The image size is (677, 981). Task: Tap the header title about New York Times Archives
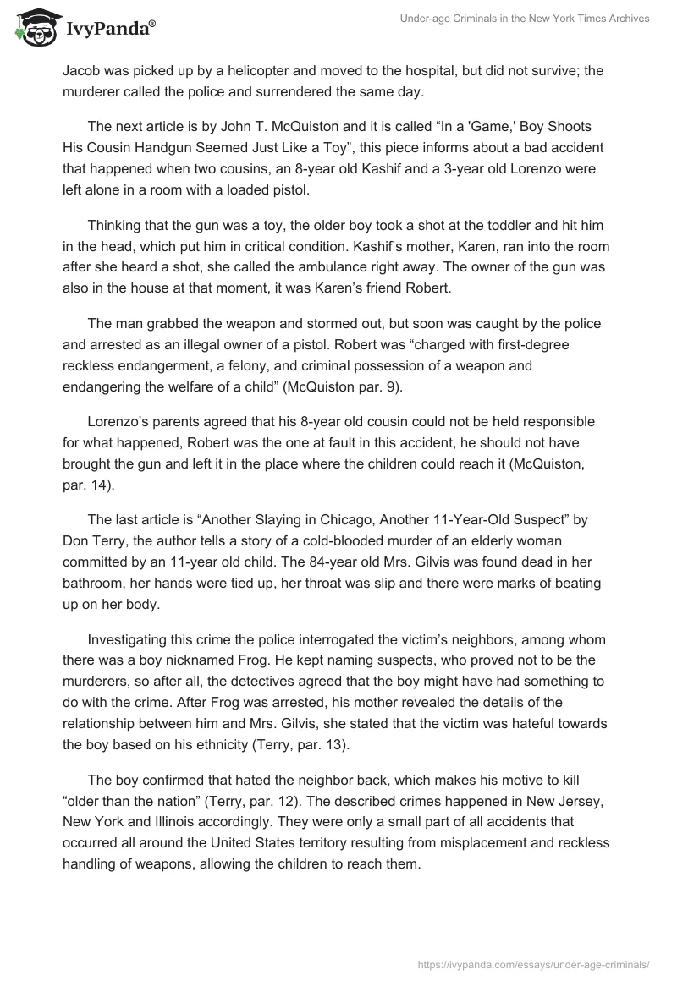point(525,19)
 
